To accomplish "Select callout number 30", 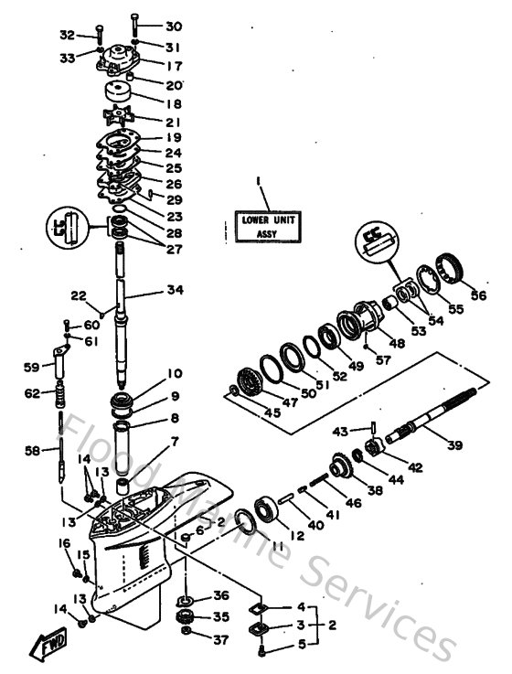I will pos(174,27).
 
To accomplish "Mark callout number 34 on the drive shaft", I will pos(175,291).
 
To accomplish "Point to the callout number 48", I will pos(398,343).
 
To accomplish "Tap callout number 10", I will pos(174,374).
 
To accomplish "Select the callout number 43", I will pos(339,432).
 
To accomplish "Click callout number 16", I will pos(65,543).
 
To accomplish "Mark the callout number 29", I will pos(174,199).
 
